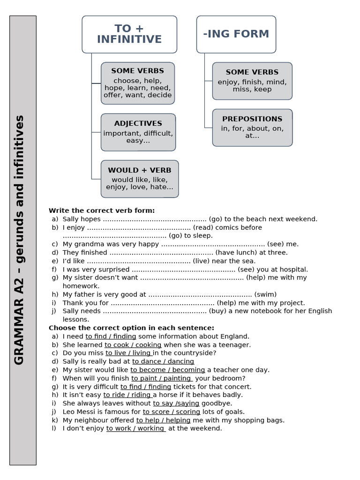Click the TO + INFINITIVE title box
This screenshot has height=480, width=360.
[x=129, y=34]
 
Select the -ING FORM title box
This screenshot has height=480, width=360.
[x=236, y=34]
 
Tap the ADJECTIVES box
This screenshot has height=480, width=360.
[x=138, y=132]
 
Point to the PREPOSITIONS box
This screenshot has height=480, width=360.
[x=252, y=127]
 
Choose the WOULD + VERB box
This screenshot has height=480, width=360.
[x=140, y=179]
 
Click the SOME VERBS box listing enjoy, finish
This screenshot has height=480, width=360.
[x=252, y=81]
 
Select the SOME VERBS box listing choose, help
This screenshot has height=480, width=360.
[x=138, y=83]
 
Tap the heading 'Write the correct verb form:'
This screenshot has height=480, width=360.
[x=102, y=210]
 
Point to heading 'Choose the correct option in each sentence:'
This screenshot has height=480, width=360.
[x=131, y=328]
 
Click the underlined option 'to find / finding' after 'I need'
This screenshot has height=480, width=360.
[x=111, y=336]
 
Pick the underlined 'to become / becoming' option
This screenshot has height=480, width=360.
[x=167, y=370]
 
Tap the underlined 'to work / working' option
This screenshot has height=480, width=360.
[x=136, y=428]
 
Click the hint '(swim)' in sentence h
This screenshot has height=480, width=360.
[x=265, y=294]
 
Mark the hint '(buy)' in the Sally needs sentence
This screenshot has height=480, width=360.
[x=217, y=311]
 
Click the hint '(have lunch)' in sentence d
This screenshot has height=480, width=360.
[x=235, y=253]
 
